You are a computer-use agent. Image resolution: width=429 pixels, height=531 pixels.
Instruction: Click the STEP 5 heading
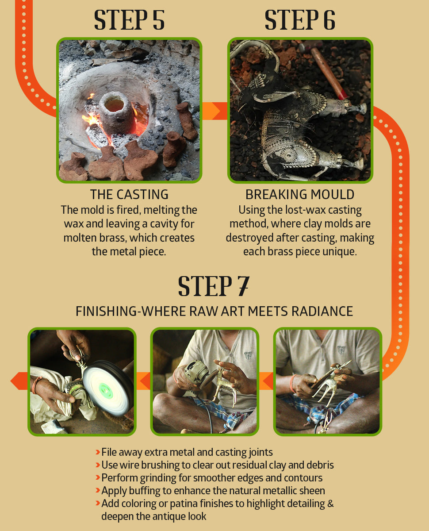(129, 20)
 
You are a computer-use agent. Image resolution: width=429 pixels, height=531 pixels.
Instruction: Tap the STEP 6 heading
(300, 20)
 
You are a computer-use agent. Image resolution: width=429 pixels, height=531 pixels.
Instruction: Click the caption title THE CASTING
(129, 194)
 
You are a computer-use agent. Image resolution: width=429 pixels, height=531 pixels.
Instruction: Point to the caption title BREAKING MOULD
(300, 194)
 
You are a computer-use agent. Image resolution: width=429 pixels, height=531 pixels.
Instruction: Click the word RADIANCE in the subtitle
(322, 312)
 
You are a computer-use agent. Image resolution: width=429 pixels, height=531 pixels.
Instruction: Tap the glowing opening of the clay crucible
(114, 105)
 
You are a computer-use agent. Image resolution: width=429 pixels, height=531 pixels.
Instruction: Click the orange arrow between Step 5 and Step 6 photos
(214, 111)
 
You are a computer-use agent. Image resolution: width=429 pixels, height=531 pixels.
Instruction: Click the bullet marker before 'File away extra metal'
(98, 452)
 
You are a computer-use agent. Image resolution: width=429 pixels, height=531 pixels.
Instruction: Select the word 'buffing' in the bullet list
(145, 491)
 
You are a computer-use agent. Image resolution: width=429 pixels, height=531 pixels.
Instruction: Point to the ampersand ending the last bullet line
(330, 504)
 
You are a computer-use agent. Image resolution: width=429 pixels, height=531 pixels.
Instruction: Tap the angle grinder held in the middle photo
(197, 374)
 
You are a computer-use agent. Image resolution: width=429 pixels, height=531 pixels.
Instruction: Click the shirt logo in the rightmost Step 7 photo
(341, 350)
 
